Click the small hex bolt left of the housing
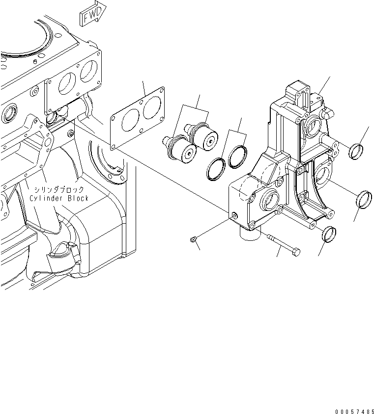194,239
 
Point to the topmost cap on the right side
356,151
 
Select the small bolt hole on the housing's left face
233,216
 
